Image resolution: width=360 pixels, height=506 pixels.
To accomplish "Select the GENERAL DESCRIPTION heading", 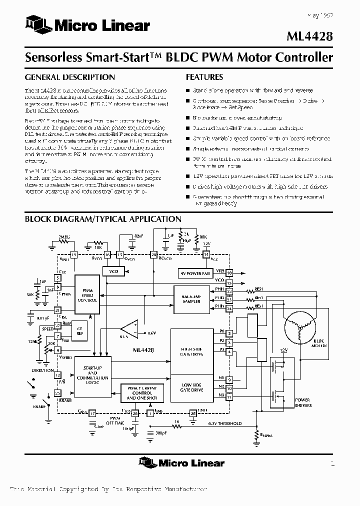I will coord(70,77).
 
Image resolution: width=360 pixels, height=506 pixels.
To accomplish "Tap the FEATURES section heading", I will coord(204,77).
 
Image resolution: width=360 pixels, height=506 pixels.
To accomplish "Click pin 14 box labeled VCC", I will coord(206,255).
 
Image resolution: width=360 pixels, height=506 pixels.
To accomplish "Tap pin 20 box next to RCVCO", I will coord(153,255).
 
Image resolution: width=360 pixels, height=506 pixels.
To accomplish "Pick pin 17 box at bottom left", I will coord(92,413).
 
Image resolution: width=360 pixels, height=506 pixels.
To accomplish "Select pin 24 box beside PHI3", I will coord(229,308).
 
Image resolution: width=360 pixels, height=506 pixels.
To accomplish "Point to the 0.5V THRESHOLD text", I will coord(224,423).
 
